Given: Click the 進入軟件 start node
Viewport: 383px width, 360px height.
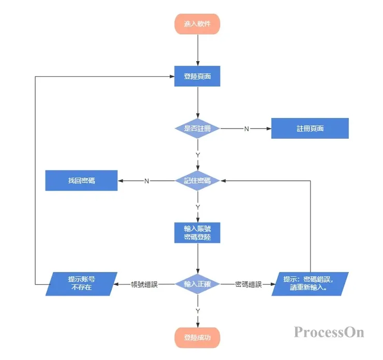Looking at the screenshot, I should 198,24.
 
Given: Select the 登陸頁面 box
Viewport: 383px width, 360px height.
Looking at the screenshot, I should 198,76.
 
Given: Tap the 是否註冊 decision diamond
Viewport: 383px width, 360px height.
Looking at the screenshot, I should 198,128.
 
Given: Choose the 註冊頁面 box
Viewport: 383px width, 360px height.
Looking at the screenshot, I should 310,128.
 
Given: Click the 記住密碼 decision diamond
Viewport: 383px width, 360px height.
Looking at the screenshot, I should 198,181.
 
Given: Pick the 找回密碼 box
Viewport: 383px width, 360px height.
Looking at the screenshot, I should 81,181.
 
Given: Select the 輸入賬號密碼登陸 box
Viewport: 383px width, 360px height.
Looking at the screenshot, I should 198,233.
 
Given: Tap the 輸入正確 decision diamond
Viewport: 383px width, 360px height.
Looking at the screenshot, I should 198,284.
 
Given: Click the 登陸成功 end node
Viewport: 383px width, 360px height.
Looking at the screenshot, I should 198,338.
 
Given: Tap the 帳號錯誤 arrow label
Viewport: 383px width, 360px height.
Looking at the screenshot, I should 144,284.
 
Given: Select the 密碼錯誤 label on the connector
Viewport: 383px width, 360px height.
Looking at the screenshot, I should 248,284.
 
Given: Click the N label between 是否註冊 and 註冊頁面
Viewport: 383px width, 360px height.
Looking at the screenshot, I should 246,129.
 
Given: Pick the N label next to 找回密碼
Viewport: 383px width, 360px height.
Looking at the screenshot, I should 146,181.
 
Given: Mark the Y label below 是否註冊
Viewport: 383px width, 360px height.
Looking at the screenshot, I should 198,155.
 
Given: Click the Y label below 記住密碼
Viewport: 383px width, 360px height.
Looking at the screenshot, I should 198,207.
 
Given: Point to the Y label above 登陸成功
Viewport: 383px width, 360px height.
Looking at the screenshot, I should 198,311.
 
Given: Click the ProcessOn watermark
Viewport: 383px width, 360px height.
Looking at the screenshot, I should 329,332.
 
